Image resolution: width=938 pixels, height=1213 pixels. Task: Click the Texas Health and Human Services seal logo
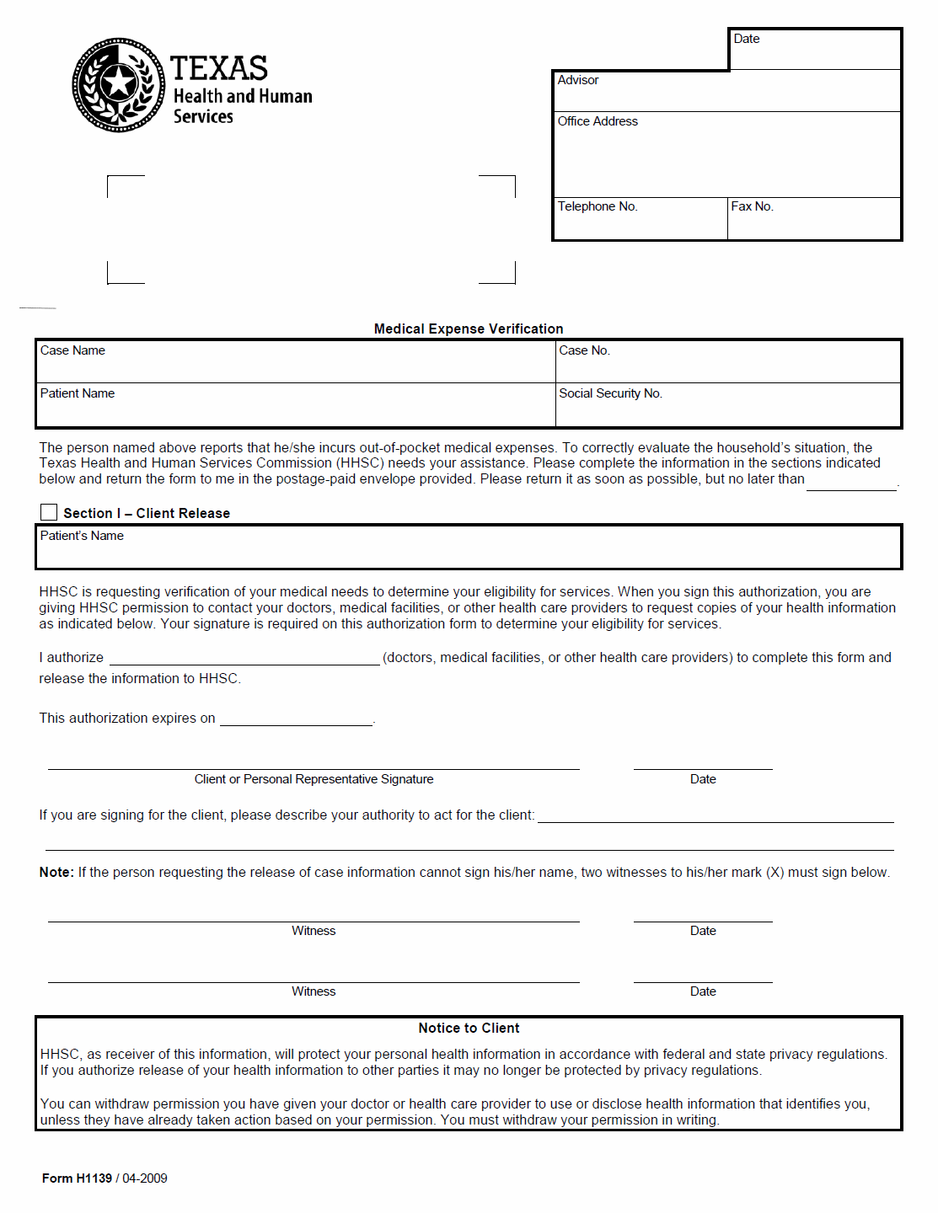point(118,84)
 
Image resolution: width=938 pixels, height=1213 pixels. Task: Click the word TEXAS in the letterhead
point(219,68)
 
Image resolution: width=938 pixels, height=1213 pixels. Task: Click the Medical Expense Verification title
point(469,329)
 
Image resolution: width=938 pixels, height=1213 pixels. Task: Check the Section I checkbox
point(49,512)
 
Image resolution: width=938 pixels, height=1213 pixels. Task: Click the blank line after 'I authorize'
point(244,659)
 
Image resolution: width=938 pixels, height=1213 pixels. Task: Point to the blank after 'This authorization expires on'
point(296,719)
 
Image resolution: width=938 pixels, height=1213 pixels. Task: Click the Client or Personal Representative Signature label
point(314,779)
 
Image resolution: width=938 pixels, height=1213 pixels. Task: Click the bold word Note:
point(56,873)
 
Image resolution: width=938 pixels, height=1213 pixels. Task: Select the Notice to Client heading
point(469,1029)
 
